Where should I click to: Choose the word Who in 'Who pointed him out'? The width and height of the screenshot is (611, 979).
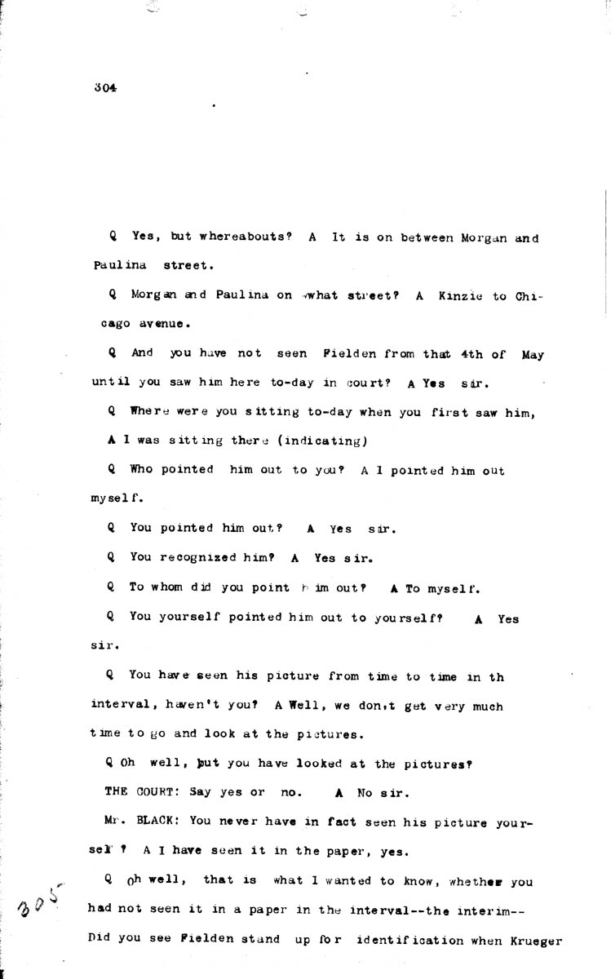(x=140, y=470)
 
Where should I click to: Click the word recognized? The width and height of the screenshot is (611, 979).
(x=199, y=559)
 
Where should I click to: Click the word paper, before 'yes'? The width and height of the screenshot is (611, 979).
(x=346, y=850)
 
